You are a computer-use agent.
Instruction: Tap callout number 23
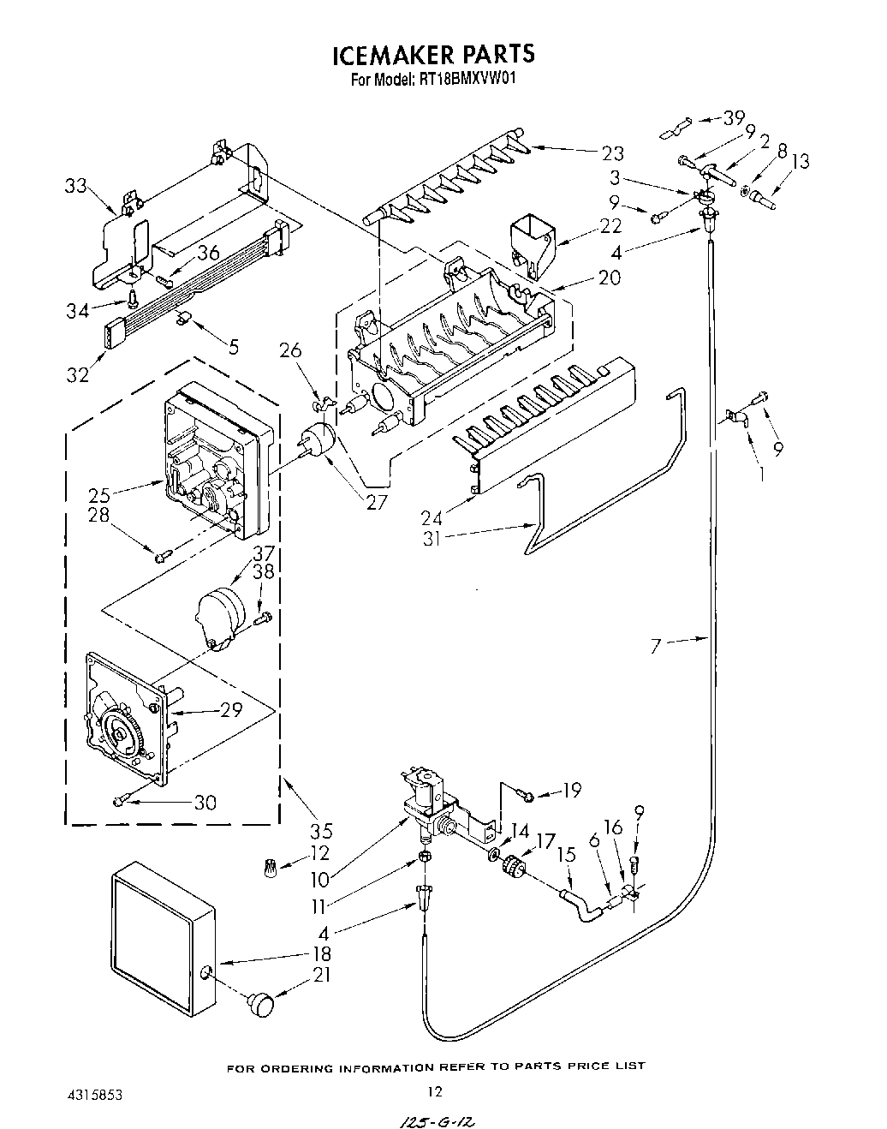coord(612,153)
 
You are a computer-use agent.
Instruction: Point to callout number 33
coord(75,185)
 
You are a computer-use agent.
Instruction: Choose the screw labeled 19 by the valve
coord(527,797)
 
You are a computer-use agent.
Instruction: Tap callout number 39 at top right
coord(734,118)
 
